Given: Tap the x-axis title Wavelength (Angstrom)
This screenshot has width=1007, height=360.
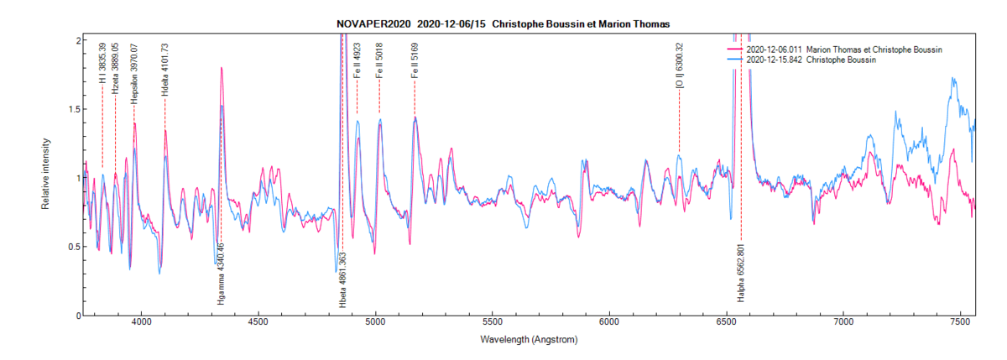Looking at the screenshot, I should tap(529, 340).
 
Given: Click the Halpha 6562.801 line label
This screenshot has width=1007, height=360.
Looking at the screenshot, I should tap(741, 273).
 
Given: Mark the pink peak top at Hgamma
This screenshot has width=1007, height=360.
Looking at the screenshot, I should tap(222, 68).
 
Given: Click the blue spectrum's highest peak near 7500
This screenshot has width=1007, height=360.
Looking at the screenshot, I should tap(953, 78).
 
